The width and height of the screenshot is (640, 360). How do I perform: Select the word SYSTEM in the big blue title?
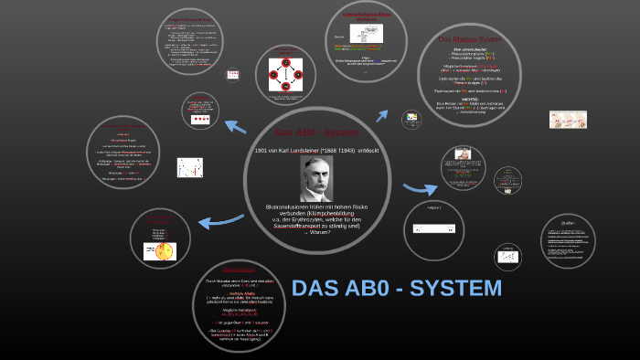[456, 289]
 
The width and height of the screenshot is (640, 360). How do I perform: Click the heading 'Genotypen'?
[238, 270]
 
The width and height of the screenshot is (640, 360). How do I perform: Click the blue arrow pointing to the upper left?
[236, 128]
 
